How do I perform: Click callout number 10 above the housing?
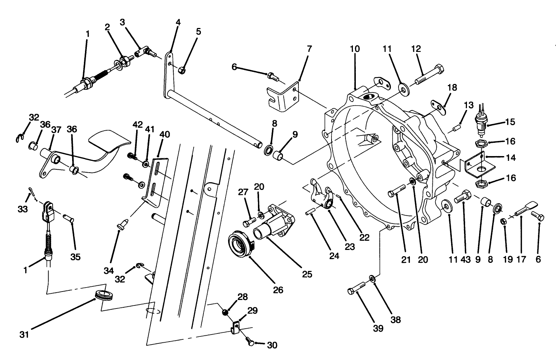click(355, 49)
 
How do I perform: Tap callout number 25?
click(307, 274)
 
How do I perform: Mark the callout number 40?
click(164, 134)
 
